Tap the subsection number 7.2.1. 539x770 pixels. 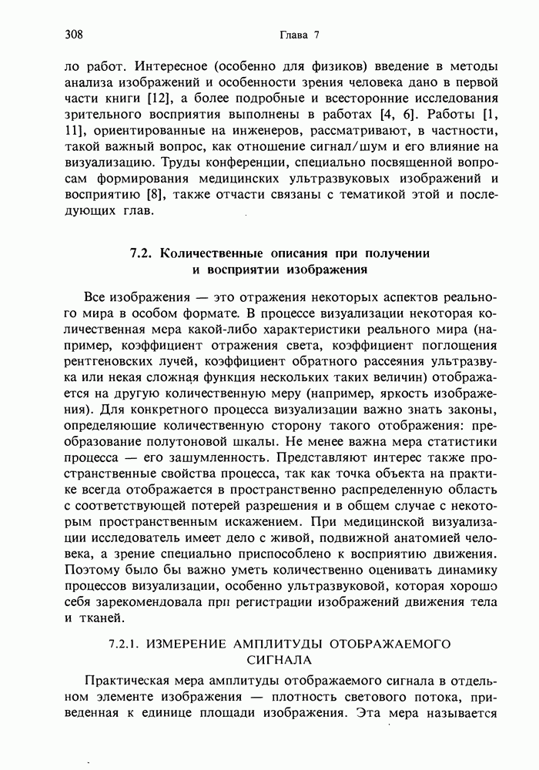click(x=125, y=643)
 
